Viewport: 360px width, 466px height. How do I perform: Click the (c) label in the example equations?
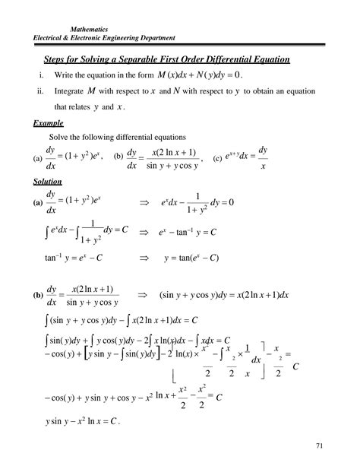pos(218,159)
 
